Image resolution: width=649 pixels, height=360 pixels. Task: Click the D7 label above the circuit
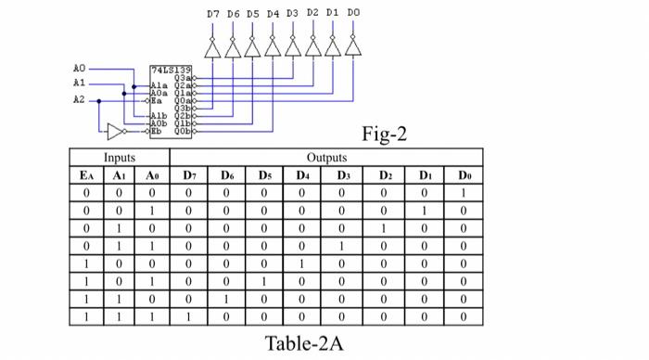point(212,15)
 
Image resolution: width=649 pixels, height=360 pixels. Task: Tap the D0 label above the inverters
point(353,15)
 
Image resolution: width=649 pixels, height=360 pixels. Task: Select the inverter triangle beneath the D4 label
point(273,47)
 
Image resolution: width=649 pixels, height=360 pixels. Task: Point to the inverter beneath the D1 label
point(333,47)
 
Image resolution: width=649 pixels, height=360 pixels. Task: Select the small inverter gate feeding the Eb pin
point(115,130)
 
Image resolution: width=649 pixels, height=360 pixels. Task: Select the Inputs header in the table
point(119,158)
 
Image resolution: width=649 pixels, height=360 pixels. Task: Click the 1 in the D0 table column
point(464,193)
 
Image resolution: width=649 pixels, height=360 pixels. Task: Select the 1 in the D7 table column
point(189,316)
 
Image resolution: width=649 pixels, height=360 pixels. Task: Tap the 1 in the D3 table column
point(344,246)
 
